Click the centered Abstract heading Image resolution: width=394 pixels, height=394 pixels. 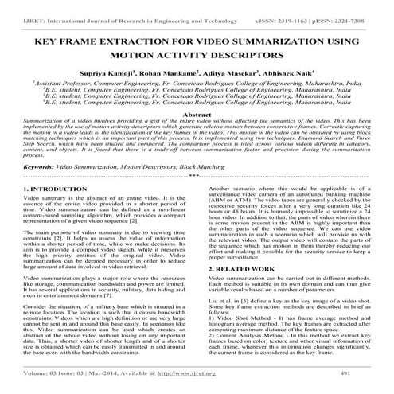click(x=197, y=115)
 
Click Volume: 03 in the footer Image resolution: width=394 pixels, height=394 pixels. click(x=45, y=373)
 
